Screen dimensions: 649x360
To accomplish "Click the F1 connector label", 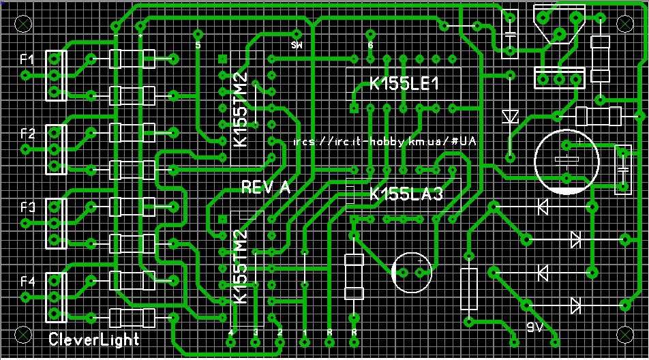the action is coord(27,60).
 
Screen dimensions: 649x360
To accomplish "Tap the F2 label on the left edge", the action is coord(27,134).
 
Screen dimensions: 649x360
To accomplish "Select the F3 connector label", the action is coord(27,207).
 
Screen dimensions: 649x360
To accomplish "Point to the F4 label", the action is coord(27,281).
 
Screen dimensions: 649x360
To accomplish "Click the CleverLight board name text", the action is coord(93,339).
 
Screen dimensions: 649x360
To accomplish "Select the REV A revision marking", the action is coord(265,187).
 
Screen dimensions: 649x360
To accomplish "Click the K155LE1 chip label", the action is coord(403,84).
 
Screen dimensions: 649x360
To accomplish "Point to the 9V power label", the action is coord(536,327).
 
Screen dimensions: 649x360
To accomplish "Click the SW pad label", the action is coord(297,46).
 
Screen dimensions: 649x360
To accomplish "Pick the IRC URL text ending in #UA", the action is coord(384,142).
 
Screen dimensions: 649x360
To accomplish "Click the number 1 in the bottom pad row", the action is coord(305,332).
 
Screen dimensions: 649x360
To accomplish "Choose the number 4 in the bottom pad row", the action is coord(232,332).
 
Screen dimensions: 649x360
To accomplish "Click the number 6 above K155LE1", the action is coord(370,45).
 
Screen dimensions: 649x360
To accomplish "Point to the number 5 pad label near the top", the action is coord(198,45).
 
